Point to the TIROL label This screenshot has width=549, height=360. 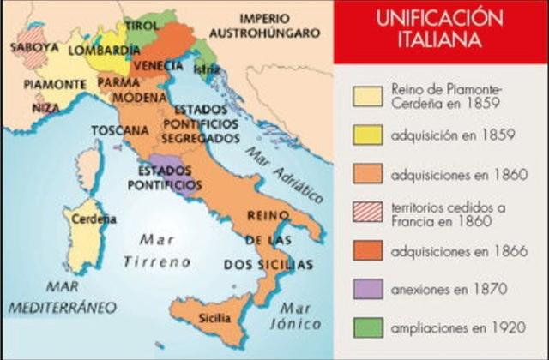(142, 27)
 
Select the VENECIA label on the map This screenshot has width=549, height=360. (159, 65)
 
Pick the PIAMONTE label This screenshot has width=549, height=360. (54, 84)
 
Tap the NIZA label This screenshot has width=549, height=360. (45, 108)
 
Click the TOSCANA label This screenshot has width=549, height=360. (116, 130)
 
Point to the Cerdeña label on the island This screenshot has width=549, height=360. (94, 219)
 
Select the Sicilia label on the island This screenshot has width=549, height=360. (215, 317)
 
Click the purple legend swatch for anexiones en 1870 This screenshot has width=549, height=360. (368, 289)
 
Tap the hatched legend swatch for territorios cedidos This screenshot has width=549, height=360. (368, 213)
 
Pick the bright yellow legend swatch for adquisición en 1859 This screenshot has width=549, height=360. (368, 135)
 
